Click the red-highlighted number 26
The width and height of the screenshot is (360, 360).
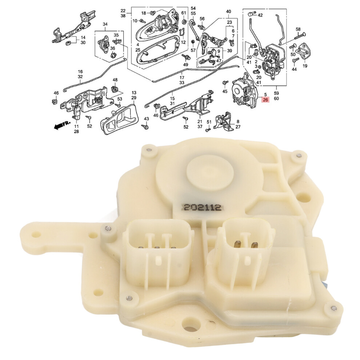(266, 100)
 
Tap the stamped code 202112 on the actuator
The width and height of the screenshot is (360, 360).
(202, 208)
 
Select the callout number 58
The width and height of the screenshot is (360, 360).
(298, 29)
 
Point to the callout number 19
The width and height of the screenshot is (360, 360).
(305, 66)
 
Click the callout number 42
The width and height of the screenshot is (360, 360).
(260, 15)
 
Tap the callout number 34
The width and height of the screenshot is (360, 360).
(105, 24)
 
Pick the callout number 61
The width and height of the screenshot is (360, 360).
(183, 13)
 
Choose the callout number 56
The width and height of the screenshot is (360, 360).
(202, 19)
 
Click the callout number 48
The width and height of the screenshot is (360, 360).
(115, 80)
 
